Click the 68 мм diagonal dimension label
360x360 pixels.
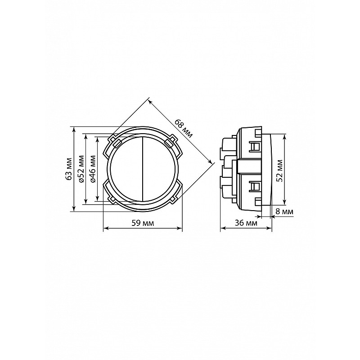183,128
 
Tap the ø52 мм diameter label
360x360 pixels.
81,168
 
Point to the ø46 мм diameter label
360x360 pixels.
93,169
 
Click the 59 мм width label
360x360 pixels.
143,223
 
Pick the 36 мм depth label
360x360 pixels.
246,223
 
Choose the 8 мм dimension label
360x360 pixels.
284,211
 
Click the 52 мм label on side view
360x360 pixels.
279,171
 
